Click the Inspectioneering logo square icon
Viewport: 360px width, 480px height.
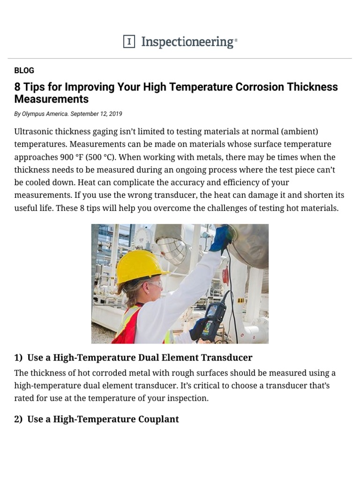[129, 42]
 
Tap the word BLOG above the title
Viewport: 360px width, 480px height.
[24, 70]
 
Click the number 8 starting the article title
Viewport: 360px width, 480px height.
[17, 87]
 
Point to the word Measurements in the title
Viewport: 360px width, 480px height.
[52, 99]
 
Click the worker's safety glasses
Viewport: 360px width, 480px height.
[154, 283]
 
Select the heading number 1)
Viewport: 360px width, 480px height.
[18, 358]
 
